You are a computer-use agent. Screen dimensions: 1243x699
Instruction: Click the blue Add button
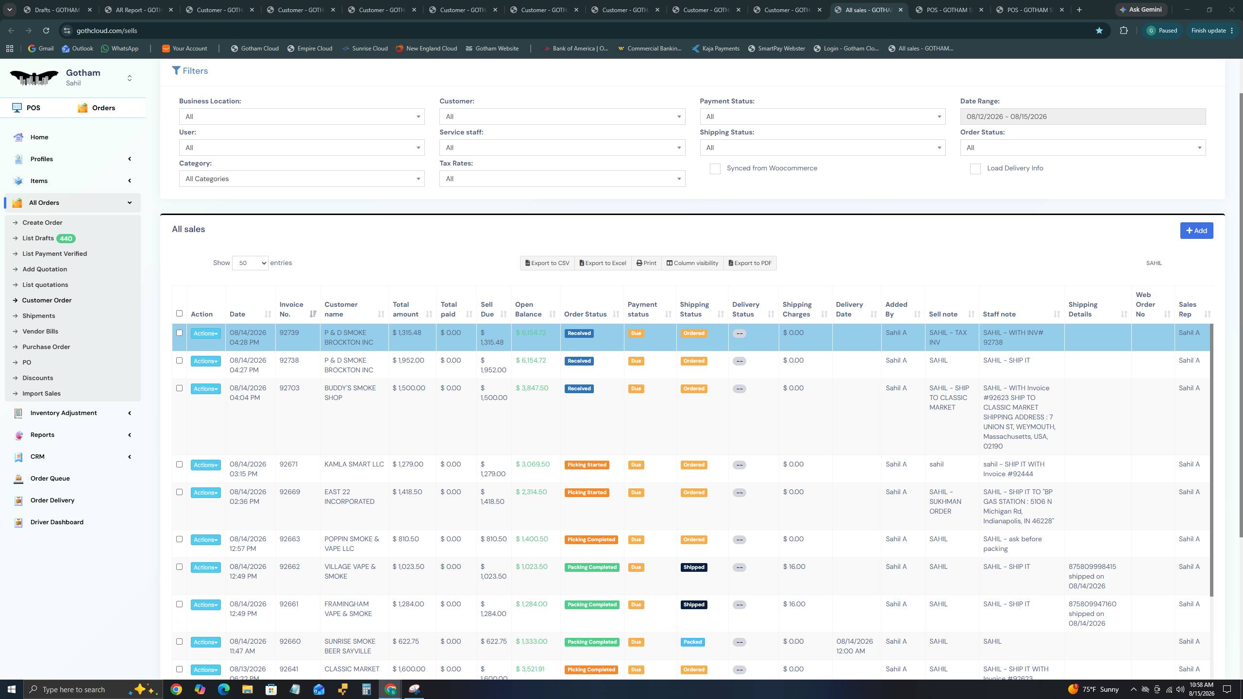[x=1196, y=231]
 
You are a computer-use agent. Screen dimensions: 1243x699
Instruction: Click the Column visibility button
[x=692, y=263]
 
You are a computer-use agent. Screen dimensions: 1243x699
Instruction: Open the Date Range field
[x=1083, y=116]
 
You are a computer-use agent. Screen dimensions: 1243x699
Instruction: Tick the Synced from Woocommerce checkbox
[x=715, y=168]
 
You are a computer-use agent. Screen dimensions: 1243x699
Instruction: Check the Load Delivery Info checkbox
[x=975, y=168]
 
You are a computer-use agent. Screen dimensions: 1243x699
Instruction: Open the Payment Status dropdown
[x=823, y=116]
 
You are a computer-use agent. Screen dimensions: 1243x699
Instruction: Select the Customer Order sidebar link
[x=47, y=300]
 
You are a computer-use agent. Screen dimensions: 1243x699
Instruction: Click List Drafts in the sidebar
[x=38, y=238]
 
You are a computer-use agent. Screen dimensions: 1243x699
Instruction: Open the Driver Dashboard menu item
[x=57, y=522]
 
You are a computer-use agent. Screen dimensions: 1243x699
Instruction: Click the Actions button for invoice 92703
[x=205, y=389]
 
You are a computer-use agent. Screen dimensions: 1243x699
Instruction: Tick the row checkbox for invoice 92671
[x=179, y=464]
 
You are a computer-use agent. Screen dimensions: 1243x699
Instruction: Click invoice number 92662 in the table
[x=289, y=566]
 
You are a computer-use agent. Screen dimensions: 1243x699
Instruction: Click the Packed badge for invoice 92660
[x=692, y=642]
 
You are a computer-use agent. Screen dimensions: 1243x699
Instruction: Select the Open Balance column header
[x=528, y=309]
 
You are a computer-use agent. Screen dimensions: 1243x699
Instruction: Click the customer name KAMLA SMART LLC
[x=354, y=464]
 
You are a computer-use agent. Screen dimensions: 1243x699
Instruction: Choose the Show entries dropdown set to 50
[x=250, y=263]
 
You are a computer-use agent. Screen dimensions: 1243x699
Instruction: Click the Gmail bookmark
[x=41, y=49]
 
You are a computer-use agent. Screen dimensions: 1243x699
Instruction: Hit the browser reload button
[x=46, y=31]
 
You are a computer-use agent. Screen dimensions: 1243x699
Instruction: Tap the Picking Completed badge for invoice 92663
[x=591, y=539]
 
